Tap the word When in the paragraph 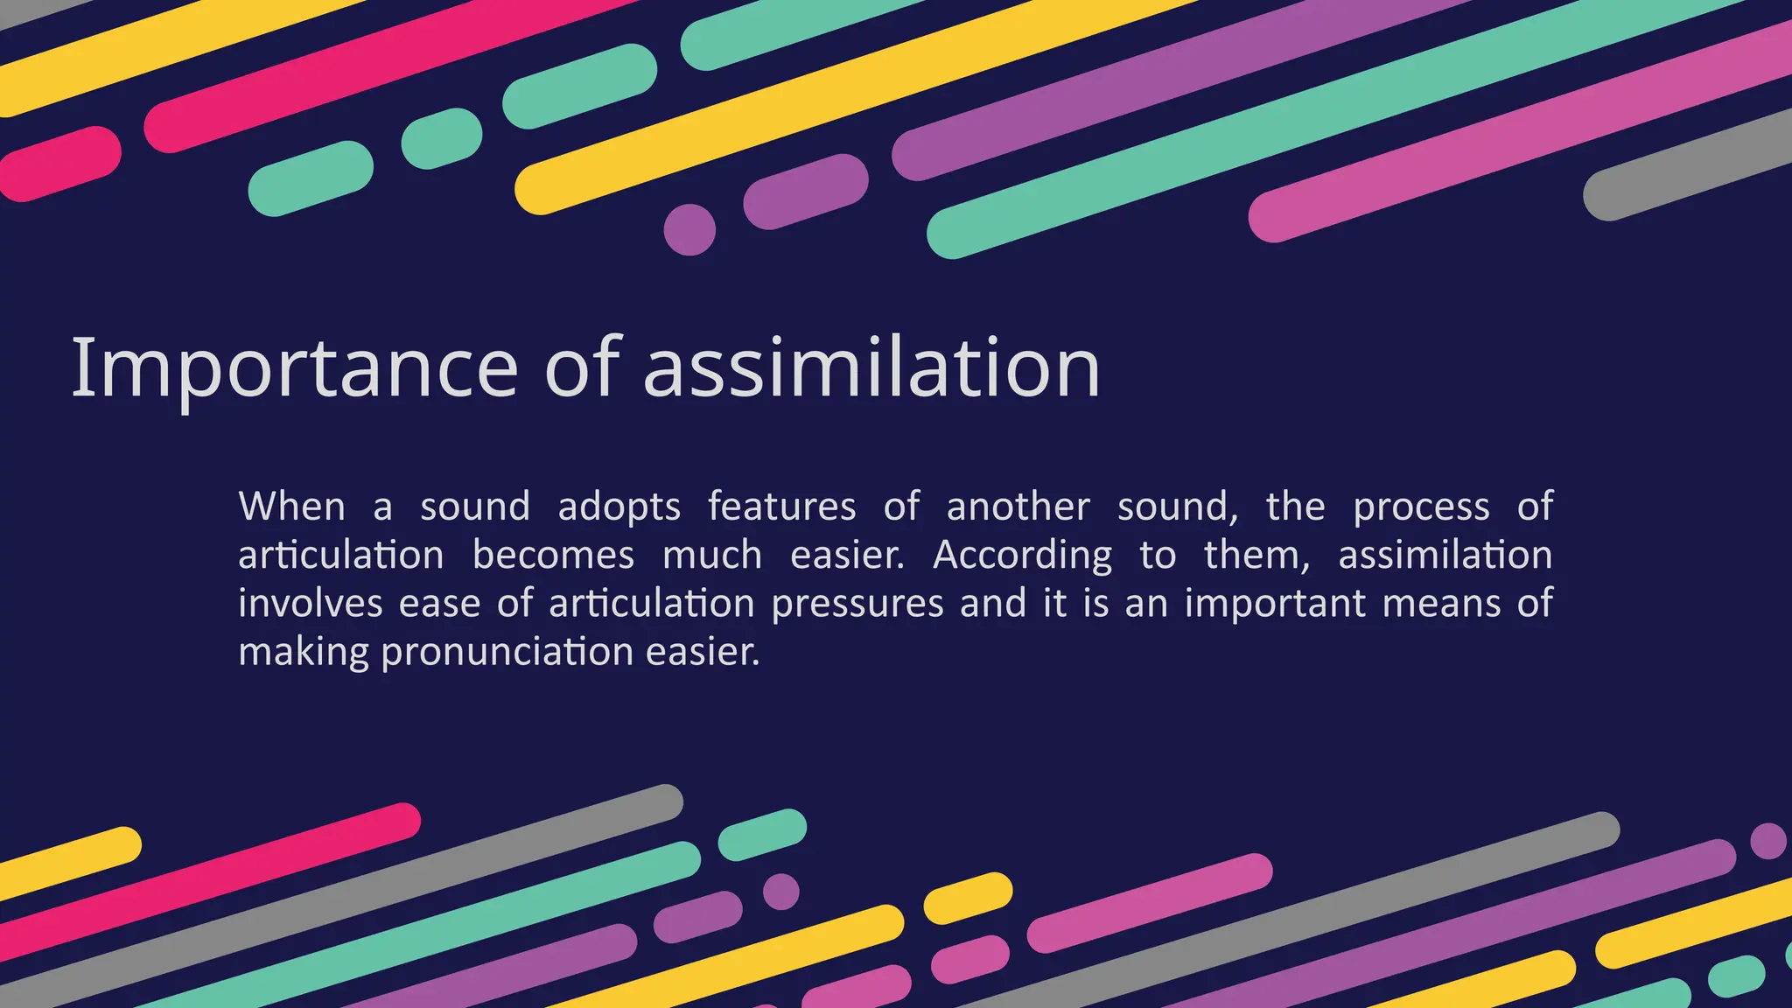[x=291, y=507]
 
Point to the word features [x=781, y=507]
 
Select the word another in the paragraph [x=1018, y=507]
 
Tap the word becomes [x=553, y=556]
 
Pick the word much [x=712, y=556]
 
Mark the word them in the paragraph [x=1256, y=556]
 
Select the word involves [x=311, y=604]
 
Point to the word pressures [x=857, y=605]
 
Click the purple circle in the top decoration [x=689, y=230]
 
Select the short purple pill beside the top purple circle [x=805, y=192]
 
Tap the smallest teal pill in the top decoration [x=442, y=138]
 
